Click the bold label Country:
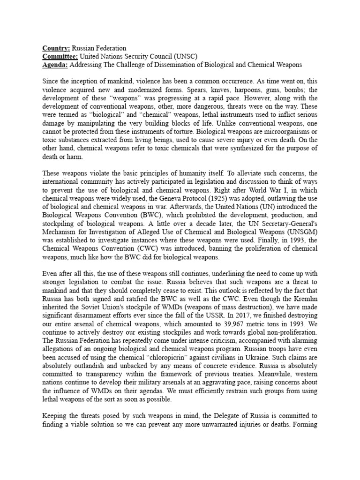tap(56, 48)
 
